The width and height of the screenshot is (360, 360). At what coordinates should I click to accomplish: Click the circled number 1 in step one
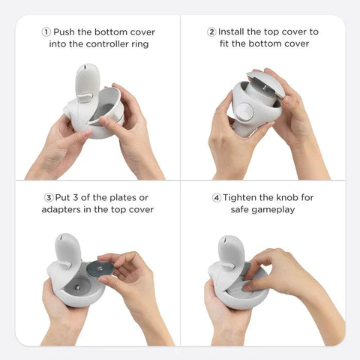click(x=46, y=32)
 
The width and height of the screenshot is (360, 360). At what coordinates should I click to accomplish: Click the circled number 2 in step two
click(x=211, y=32)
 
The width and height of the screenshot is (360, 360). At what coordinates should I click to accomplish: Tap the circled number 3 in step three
click(x=47, y=198)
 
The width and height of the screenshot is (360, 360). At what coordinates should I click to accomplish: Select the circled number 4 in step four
click(x=217, y=198)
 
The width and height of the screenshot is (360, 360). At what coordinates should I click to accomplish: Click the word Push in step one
click(x=64, y=32)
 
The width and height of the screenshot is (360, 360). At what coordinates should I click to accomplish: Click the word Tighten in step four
click(x=242, y=198)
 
